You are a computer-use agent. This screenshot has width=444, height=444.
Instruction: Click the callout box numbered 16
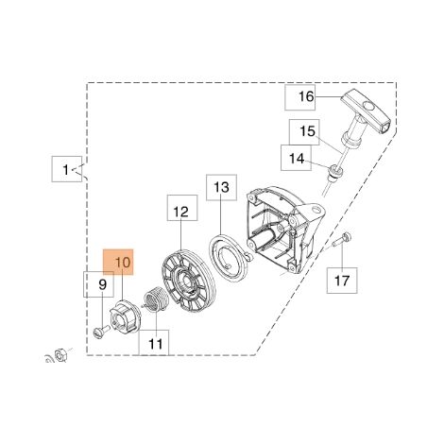[299, 97]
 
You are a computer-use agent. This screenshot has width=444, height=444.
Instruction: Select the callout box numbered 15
[304, 132]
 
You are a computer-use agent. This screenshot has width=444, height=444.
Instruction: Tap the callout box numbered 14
[296, 158]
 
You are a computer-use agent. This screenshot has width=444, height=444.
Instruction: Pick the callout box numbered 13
[221, 187]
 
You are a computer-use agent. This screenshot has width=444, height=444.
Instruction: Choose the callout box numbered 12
[182, 208]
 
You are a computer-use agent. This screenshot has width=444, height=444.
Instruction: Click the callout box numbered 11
[154, 343]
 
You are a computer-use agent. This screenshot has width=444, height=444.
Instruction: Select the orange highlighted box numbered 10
[119, 262]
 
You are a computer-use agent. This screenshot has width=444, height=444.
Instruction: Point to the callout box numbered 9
[98, 284]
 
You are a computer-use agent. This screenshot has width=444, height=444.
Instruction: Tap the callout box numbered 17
[342, 281]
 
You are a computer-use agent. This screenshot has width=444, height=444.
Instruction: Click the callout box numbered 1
[67, 169]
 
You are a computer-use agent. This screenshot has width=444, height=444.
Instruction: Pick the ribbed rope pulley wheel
[188, 281]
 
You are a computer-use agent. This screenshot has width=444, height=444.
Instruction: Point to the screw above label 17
[343, 239]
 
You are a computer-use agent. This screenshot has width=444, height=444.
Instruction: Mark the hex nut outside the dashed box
[60, 355]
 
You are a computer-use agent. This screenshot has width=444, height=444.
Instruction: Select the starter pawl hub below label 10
[123, 317]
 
